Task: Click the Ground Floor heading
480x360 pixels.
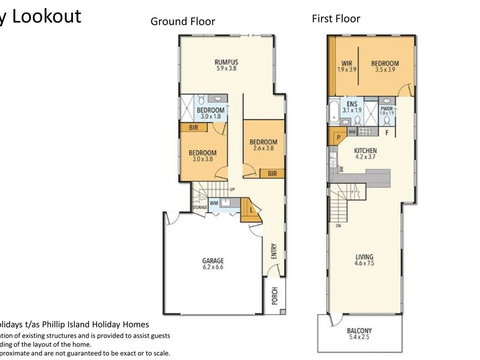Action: point(184,21)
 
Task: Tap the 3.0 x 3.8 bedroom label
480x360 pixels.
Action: point(203,155)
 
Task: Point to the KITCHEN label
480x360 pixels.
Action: point(364,150)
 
